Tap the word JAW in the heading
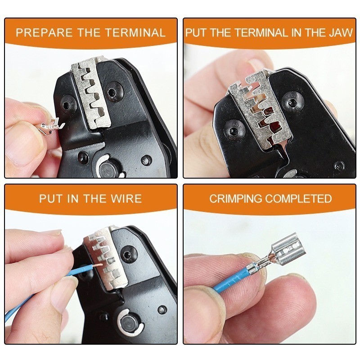pos(341,32)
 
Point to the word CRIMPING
pos(235,198)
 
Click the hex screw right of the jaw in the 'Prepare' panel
pos(114,91)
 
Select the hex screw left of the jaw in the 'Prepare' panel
pos(68,105)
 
